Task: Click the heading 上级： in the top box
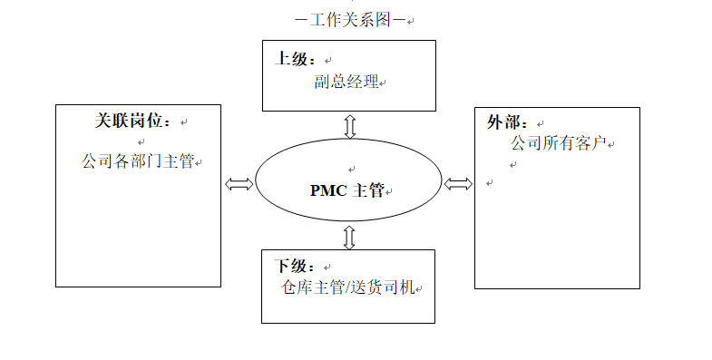[296, 60]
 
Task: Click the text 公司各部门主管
[138, 161]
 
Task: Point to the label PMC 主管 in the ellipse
[347, 190]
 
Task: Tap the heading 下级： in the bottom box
[296, 268]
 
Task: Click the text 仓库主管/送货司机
[348, 287]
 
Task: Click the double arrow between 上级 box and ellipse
[350, 125]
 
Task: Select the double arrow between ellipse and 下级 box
[349, 238]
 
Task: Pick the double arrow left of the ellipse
[239, 184]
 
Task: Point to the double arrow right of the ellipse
[459, 184]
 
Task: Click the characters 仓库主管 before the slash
[310, 287]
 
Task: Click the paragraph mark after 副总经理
[384, 83]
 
